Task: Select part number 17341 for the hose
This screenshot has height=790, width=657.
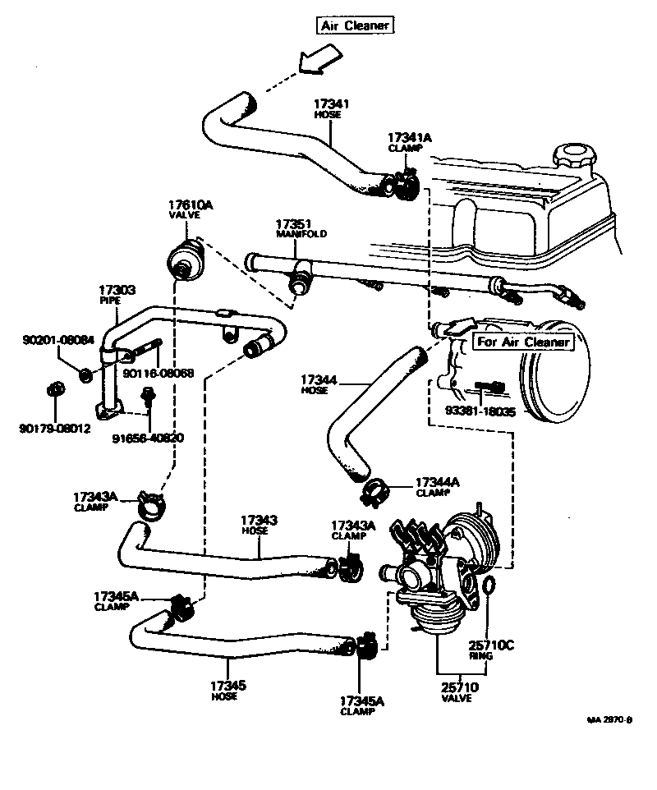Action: pyautogui.click(x=332, y=104)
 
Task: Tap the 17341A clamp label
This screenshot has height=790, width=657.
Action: pyautogui.click(x=408, y=137)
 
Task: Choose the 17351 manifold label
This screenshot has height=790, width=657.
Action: pyautogui.click(x=293, y=223)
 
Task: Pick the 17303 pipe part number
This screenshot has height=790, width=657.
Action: pyautogui.click(x=117, y=291)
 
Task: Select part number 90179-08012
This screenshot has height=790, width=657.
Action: pyautogui.click(x=55, y=427)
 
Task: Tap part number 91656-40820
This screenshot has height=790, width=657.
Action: pyautogui.click(x=148, y=438)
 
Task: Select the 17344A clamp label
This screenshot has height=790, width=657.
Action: pyautogui.click(x=437, y=482)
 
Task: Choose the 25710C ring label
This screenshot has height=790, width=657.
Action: pyautogui.click(x=490, y=645)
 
